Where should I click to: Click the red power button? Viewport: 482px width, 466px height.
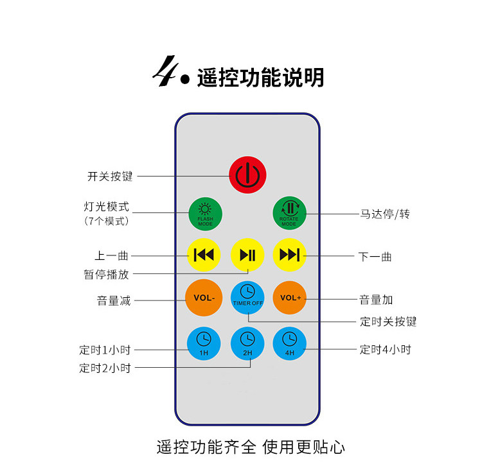[x=247, y=175]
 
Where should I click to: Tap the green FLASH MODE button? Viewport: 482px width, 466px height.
[x=205, y=214]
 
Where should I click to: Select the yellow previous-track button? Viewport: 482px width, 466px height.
[x=204, y=255]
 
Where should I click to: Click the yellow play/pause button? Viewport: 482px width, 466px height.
[x=247, y=255]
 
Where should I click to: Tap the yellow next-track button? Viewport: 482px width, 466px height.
[x=290, y=255]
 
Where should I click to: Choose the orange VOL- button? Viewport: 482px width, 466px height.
[x=204, y=298]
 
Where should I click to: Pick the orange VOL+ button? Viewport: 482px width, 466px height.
[x=290, y=298]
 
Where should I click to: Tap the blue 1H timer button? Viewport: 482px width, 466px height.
[x=204, y=343]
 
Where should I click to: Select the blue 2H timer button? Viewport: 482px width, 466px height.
[x=247, y=343]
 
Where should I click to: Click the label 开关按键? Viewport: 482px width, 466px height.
[x=110, y=176]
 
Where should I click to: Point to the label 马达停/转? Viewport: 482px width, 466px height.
[x=384, y=214]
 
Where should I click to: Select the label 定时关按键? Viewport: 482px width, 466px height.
[x=388, y=321]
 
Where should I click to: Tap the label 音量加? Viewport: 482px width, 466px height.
[x=376, y=299]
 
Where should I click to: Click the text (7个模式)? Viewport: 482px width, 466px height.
[x=107, y=221]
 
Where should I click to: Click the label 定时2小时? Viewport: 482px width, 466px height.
[x=105, y=368]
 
